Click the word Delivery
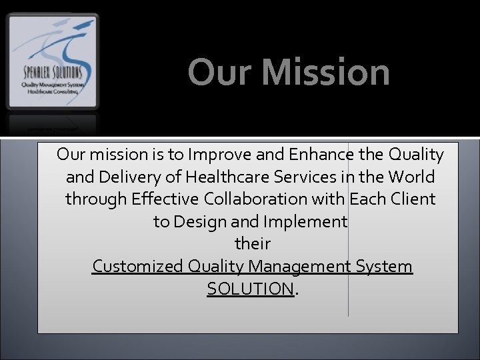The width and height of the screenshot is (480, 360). coord(135,177)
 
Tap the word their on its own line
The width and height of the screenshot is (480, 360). coord(253,244)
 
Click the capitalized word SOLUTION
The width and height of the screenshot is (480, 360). coord(250,289)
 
